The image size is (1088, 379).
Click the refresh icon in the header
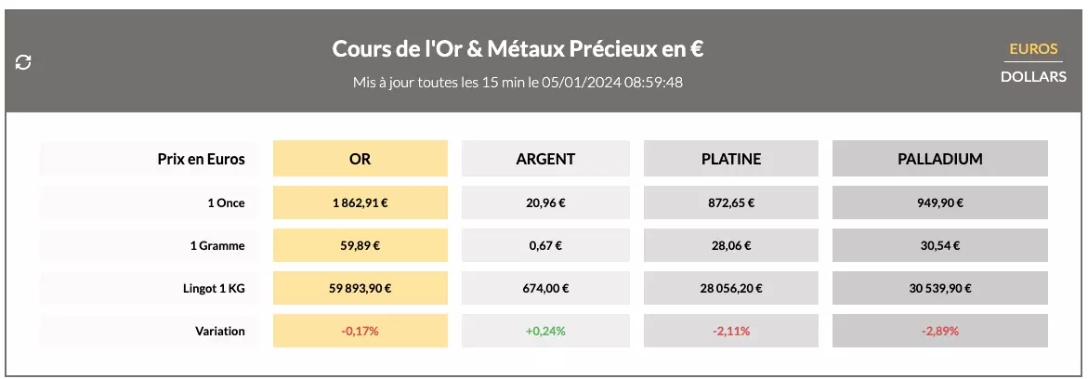point(24,62)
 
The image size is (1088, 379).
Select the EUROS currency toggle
point(1033,49)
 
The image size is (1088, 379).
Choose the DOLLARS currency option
point(1033,77)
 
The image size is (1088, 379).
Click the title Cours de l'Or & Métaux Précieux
point(518,49)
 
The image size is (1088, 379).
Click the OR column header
point(360,159)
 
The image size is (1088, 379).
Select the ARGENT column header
point(545,159)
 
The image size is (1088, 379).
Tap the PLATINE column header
point(730,159)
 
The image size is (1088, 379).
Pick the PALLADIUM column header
point(939,159)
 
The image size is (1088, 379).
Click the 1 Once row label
point(226,203)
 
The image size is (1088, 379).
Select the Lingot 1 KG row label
point(215,288)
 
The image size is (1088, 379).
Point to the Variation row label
point(220,331)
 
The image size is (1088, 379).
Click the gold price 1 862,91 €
point(360,203)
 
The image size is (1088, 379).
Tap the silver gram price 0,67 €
point(545,245)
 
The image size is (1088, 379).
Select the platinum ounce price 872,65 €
point(730,203)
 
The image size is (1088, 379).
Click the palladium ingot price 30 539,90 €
point(939,288)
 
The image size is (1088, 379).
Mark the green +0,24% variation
point(545,331)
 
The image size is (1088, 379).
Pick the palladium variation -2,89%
point(939,331)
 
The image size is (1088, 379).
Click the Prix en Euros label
point(201,159)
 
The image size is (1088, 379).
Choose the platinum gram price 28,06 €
point(730,245)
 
